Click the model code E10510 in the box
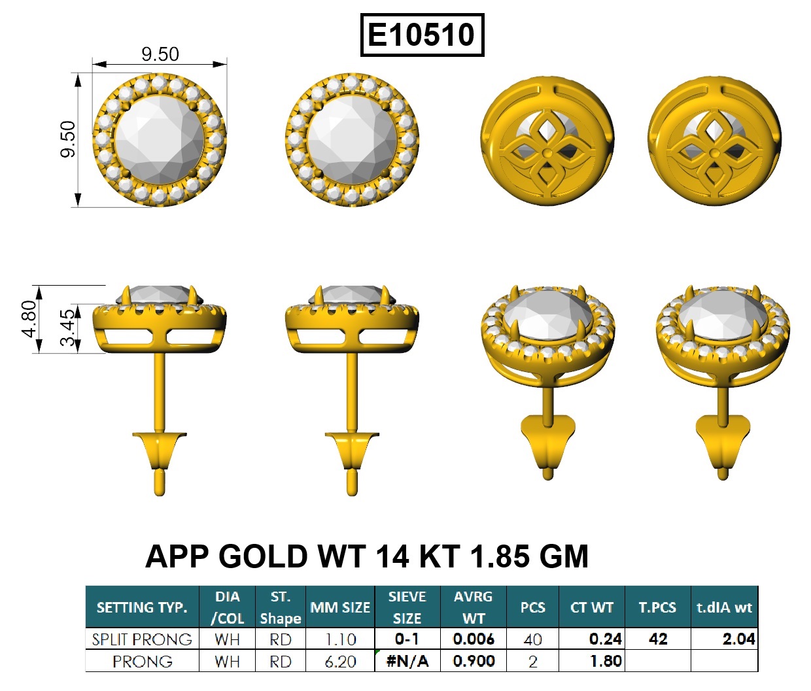(x=421, y=35)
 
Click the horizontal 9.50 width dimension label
(x=160, y=54)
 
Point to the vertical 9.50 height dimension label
(x=67, y=139)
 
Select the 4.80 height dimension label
(x=29, y=319)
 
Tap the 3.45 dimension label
(x=67, y=328)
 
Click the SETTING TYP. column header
(x=142, y=607)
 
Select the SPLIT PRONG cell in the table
(x=142, y=639)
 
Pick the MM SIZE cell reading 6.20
(x=340, y=662)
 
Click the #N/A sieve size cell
(x=407, y=662)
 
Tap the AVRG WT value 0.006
(x=473, y=639)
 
